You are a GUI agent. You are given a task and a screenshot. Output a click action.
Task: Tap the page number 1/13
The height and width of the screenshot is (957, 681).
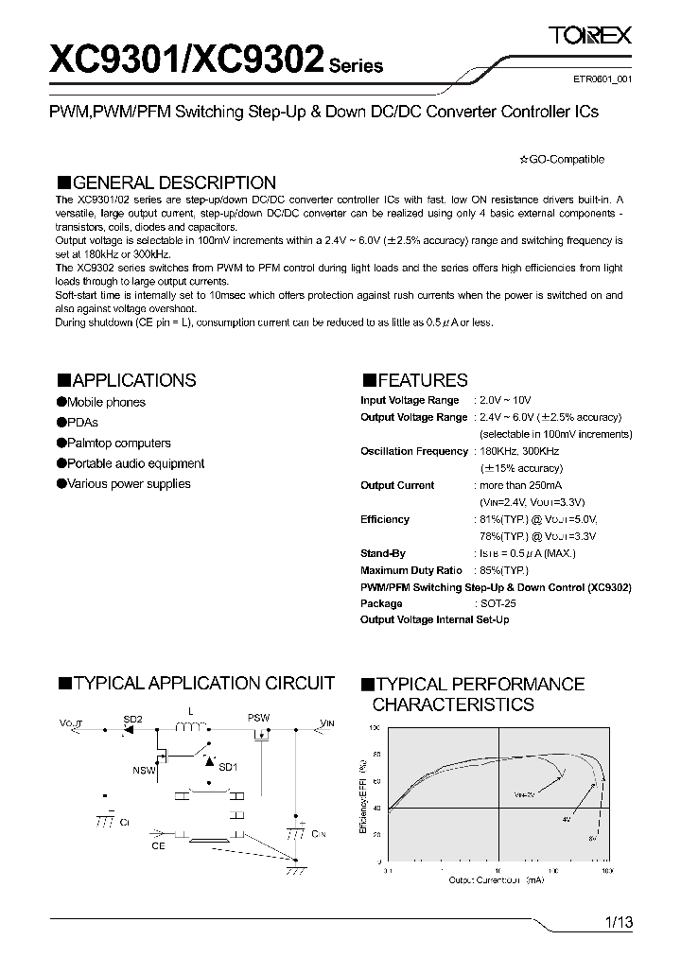(617, 921)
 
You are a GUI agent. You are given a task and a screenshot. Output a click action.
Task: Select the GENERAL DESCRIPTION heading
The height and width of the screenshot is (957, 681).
(166, 183)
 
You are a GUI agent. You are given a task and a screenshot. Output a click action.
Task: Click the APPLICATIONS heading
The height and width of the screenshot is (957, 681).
(127, 380)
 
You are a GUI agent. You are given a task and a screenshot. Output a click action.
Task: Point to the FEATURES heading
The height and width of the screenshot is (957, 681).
(414, 380)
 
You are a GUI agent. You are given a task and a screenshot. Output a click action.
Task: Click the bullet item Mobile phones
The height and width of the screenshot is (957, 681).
(105, 402)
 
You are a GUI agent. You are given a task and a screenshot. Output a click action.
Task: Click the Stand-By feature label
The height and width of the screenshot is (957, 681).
(383, 553)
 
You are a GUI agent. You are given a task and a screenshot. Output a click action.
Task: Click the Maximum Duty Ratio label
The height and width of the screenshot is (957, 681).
(411, 570)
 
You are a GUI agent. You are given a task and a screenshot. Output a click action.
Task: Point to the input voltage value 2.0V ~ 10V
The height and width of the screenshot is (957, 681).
(504, 401)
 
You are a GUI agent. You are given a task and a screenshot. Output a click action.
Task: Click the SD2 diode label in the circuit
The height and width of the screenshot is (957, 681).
(132, 720)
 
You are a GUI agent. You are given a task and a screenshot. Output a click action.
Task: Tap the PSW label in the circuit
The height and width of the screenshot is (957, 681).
(258, 718)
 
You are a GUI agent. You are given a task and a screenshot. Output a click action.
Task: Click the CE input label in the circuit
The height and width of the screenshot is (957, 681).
(158, 845)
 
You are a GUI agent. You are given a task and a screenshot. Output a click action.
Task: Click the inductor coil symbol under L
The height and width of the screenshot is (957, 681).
(192, 727)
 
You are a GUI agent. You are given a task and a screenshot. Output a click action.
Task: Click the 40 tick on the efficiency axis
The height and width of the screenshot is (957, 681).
(377, 808)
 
